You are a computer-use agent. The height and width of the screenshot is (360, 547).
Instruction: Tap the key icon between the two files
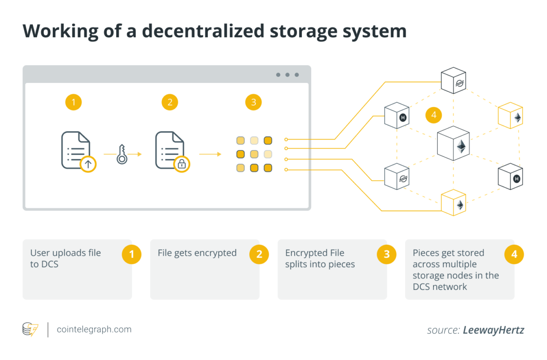pyautogui.click(x=122, y=154)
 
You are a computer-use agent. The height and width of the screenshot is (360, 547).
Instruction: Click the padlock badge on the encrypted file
pyautogui.click(x=181, y=164)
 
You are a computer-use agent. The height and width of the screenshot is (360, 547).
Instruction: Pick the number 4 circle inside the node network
pyautogui.click(x=433, y=115)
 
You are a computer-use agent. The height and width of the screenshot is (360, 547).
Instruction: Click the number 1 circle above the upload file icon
pyautogui.click(x=73, y=102)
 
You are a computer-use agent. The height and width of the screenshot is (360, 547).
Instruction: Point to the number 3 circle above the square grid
pyautogui.click(x=253, y=102)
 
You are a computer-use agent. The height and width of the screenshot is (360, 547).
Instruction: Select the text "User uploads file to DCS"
pyautogui.click(x=65, y=258)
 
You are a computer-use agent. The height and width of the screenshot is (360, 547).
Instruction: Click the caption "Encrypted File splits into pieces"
pyautogui.click(x=320, y=258)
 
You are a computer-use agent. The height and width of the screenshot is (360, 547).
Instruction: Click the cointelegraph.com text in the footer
pyautogui.click(x=94, y=329)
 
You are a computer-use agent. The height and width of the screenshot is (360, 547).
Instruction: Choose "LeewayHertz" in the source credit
pyautogui.click(x=493, y=330)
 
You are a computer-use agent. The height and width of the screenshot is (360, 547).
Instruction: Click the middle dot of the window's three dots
pyautogui.click(x=287, y=75)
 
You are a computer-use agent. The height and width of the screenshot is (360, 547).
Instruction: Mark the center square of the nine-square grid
pyautogui.click(x=254, y=154)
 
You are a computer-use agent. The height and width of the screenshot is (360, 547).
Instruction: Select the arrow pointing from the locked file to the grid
pyautogui.click(x=210, y=154)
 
